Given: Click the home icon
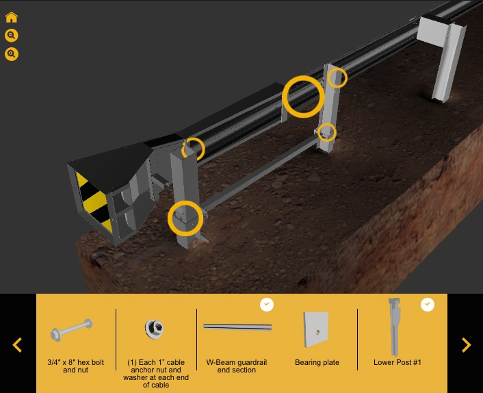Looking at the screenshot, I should [x=12, y=18].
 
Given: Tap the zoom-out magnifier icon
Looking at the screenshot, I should [x=12, y=36].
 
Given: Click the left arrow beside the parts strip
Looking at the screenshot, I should [x=18, y=345].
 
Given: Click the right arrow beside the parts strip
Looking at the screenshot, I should [x=466, y=345].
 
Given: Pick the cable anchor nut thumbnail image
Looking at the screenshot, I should [x=155, y=329].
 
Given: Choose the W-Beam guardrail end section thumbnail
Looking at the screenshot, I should [x=237, y=328].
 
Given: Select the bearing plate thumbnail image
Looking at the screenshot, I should [x=316, y=329].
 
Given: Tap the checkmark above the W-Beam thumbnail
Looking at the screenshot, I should [x=267, y=305].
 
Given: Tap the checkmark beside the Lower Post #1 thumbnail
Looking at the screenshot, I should [x=428, y=305].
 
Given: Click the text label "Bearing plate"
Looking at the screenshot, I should [x=317, y=363].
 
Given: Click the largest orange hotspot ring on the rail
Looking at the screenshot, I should [x=303, y=97].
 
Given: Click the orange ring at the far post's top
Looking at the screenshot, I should [x=337, y=78].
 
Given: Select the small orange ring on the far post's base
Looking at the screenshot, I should [x=327, y=131].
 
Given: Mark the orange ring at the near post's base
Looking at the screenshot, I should [x=185, y=218].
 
